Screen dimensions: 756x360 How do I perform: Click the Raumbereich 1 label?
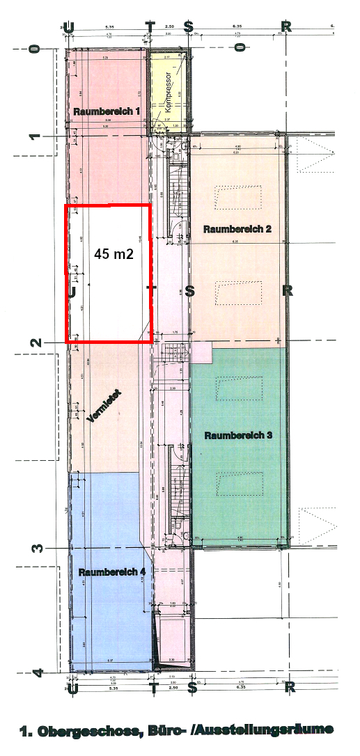pos(107,111)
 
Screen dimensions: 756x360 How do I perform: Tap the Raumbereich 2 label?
pos(237,228)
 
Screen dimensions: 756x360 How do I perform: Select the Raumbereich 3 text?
pos(237,435)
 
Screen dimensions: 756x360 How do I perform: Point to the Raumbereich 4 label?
pos(112,572)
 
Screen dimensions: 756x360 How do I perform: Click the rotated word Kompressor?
pos(169,93)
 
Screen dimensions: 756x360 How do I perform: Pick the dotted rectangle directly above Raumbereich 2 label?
pos(239,196)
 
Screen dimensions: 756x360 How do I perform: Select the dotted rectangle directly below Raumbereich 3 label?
pos(240,483)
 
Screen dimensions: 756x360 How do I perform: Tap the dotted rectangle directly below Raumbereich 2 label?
pos(239,292)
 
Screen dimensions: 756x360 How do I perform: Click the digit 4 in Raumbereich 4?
pos(142,572)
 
